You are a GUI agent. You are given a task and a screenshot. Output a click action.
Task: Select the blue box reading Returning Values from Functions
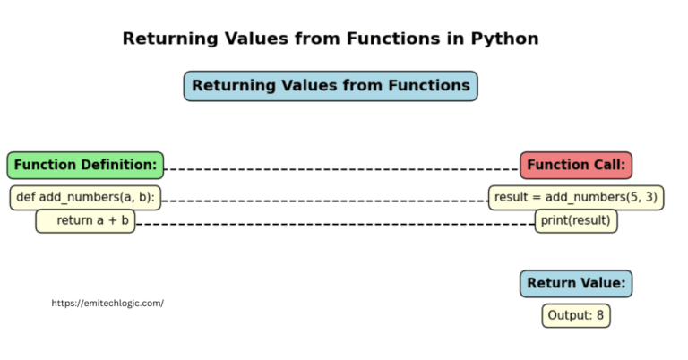(331, 86)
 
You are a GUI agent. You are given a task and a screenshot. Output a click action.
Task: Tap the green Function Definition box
(85, 165)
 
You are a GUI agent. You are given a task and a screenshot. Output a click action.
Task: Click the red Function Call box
(576, 165)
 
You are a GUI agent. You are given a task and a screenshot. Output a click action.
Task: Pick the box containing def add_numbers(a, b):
(85, 197)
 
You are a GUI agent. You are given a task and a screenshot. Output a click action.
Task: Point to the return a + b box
(85, 220)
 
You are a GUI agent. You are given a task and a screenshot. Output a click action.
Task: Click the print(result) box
(576, 220)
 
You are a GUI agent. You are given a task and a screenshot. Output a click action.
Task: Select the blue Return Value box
(576, 284)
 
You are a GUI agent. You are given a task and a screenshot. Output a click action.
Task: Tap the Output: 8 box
(576, 315)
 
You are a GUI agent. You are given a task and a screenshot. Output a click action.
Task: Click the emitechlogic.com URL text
(107, 303)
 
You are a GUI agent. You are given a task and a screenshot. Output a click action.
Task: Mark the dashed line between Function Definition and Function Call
(340, 168)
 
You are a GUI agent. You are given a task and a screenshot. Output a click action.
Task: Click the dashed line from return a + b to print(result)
(336, 224)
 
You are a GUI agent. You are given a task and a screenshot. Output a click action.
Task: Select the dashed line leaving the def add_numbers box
(322, 201)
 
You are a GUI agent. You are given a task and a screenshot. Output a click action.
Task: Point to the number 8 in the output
(600, 315)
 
